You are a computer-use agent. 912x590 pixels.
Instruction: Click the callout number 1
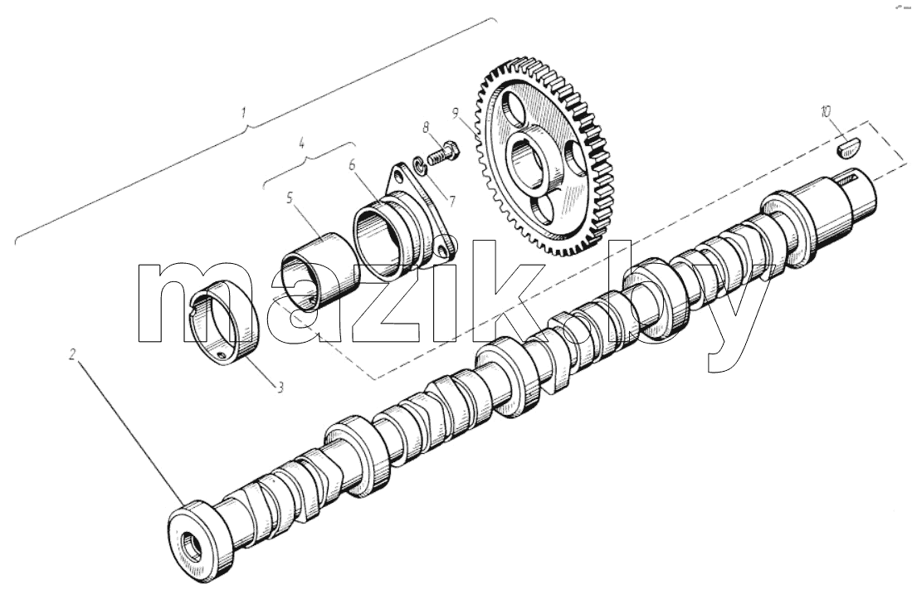point(245,112)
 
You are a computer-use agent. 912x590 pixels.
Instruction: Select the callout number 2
point(73,354)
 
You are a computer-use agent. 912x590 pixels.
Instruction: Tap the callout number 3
point(280,387)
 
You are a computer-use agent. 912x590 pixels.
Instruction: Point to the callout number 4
point(301,143)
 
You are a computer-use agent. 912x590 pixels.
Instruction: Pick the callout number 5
point(290,198)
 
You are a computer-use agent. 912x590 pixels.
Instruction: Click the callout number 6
point(352,165)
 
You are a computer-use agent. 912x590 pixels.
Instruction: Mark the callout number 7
point(451,202)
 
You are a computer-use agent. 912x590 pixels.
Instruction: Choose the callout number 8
point(426,126)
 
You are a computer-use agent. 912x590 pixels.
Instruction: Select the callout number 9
point(455,111)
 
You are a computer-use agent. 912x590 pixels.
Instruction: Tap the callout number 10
point(826,111)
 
